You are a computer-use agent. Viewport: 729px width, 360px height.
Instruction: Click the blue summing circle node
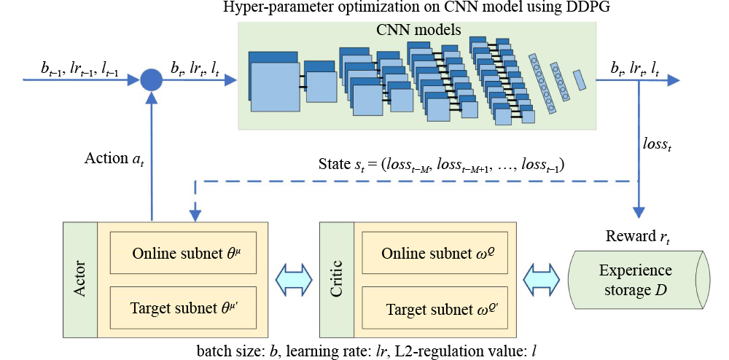(151, 79)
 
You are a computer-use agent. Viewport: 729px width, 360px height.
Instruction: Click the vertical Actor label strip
(80, 280)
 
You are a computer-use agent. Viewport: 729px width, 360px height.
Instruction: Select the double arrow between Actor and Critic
(296, 279)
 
